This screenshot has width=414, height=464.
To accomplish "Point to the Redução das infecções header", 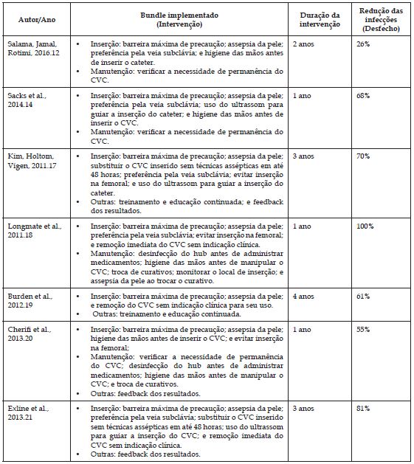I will (x=380, y=19).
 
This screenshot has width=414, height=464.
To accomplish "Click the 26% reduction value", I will (x=362, y=44).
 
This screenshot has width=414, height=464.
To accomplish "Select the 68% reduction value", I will (x=362, y=96).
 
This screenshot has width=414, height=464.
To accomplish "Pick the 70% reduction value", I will (x=362, y=156).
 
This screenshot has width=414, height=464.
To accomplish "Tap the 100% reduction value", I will (x=365, y=226).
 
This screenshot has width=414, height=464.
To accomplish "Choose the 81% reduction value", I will (x=362, y=407).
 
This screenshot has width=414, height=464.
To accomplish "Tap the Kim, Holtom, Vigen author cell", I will (x=32, y=161).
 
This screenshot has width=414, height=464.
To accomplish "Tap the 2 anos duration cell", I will (x=303, y=44).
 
